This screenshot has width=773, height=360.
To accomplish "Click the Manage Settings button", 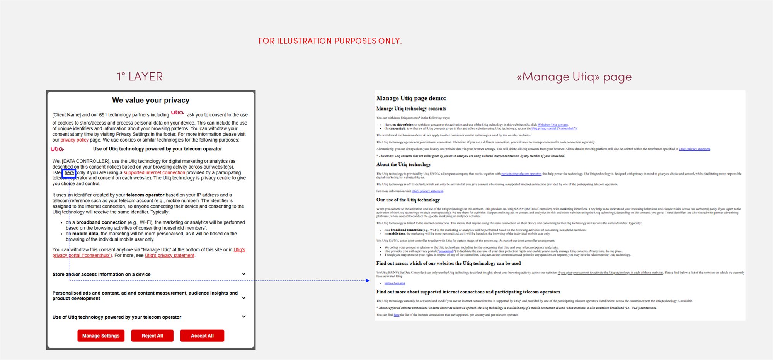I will pos(101,336).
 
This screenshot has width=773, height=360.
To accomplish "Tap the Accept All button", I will pos(202,336).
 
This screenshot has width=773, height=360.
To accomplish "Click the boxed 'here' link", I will pos(69,173).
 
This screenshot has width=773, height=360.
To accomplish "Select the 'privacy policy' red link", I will pos(74,140).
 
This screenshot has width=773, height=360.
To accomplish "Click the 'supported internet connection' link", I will pos(154,173).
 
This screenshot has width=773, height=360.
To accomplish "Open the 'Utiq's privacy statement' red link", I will pos(170,256).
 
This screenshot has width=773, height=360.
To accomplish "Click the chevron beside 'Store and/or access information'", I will pos(244,274).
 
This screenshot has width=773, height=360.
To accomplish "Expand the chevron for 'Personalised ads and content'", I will pos(244,298).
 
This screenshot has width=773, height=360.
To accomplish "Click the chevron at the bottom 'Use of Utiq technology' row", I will pos(244,316).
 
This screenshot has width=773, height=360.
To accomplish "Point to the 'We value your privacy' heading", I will pos(151,101).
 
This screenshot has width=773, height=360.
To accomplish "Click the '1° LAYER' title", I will pos(140,77).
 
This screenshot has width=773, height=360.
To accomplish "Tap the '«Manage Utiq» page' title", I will pos(574,77).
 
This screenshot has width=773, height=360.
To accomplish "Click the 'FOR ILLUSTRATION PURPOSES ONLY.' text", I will pos(330,41).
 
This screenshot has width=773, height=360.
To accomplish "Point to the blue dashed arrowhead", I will pos(368,280).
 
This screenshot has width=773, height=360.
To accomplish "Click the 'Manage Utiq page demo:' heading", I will pos(411,98).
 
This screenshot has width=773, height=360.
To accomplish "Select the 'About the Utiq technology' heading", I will pos(404,165).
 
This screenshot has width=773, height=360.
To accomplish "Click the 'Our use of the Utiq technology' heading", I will pos(408,200).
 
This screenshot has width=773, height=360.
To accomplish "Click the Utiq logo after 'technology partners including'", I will pos(178,113).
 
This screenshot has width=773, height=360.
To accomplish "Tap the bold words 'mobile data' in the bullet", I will pos(85,234).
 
